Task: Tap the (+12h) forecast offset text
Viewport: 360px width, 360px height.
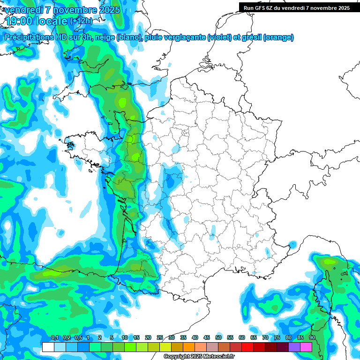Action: (81, 21)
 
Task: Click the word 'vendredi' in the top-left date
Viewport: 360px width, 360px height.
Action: (22, 10)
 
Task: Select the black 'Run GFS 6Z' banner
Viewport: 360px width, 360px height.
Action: (296, 7)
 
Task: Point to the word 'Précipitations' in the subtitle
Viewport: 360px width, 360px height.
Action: (31, 37)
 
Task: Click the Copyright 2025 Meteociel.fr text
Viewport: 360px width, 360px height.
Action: (199, 357)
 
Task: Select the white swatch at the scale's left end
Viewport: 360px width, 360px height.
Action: (48, 347)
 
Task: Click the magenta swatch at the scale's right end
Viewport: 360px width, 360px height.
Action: (306, 347)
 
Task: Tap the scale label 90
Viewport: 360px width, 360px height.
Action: (312, 338)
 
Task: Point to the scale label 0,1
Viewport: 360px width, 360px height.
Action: (55, 338)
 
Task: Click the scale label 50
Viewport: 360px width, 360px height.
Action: (218, 338)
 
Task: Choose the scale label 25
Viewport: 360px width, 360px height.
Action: (160, 338)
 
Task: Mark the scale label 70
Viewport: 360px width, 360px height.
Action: (265, 338)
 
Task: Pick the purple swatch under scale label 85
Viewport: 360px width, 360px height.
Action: (294, 347)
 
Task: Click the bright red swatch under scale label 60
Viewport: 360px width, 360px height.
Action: (247, 347)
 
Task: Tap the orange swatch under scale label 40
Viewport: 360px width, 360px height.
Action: (189, 347)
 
